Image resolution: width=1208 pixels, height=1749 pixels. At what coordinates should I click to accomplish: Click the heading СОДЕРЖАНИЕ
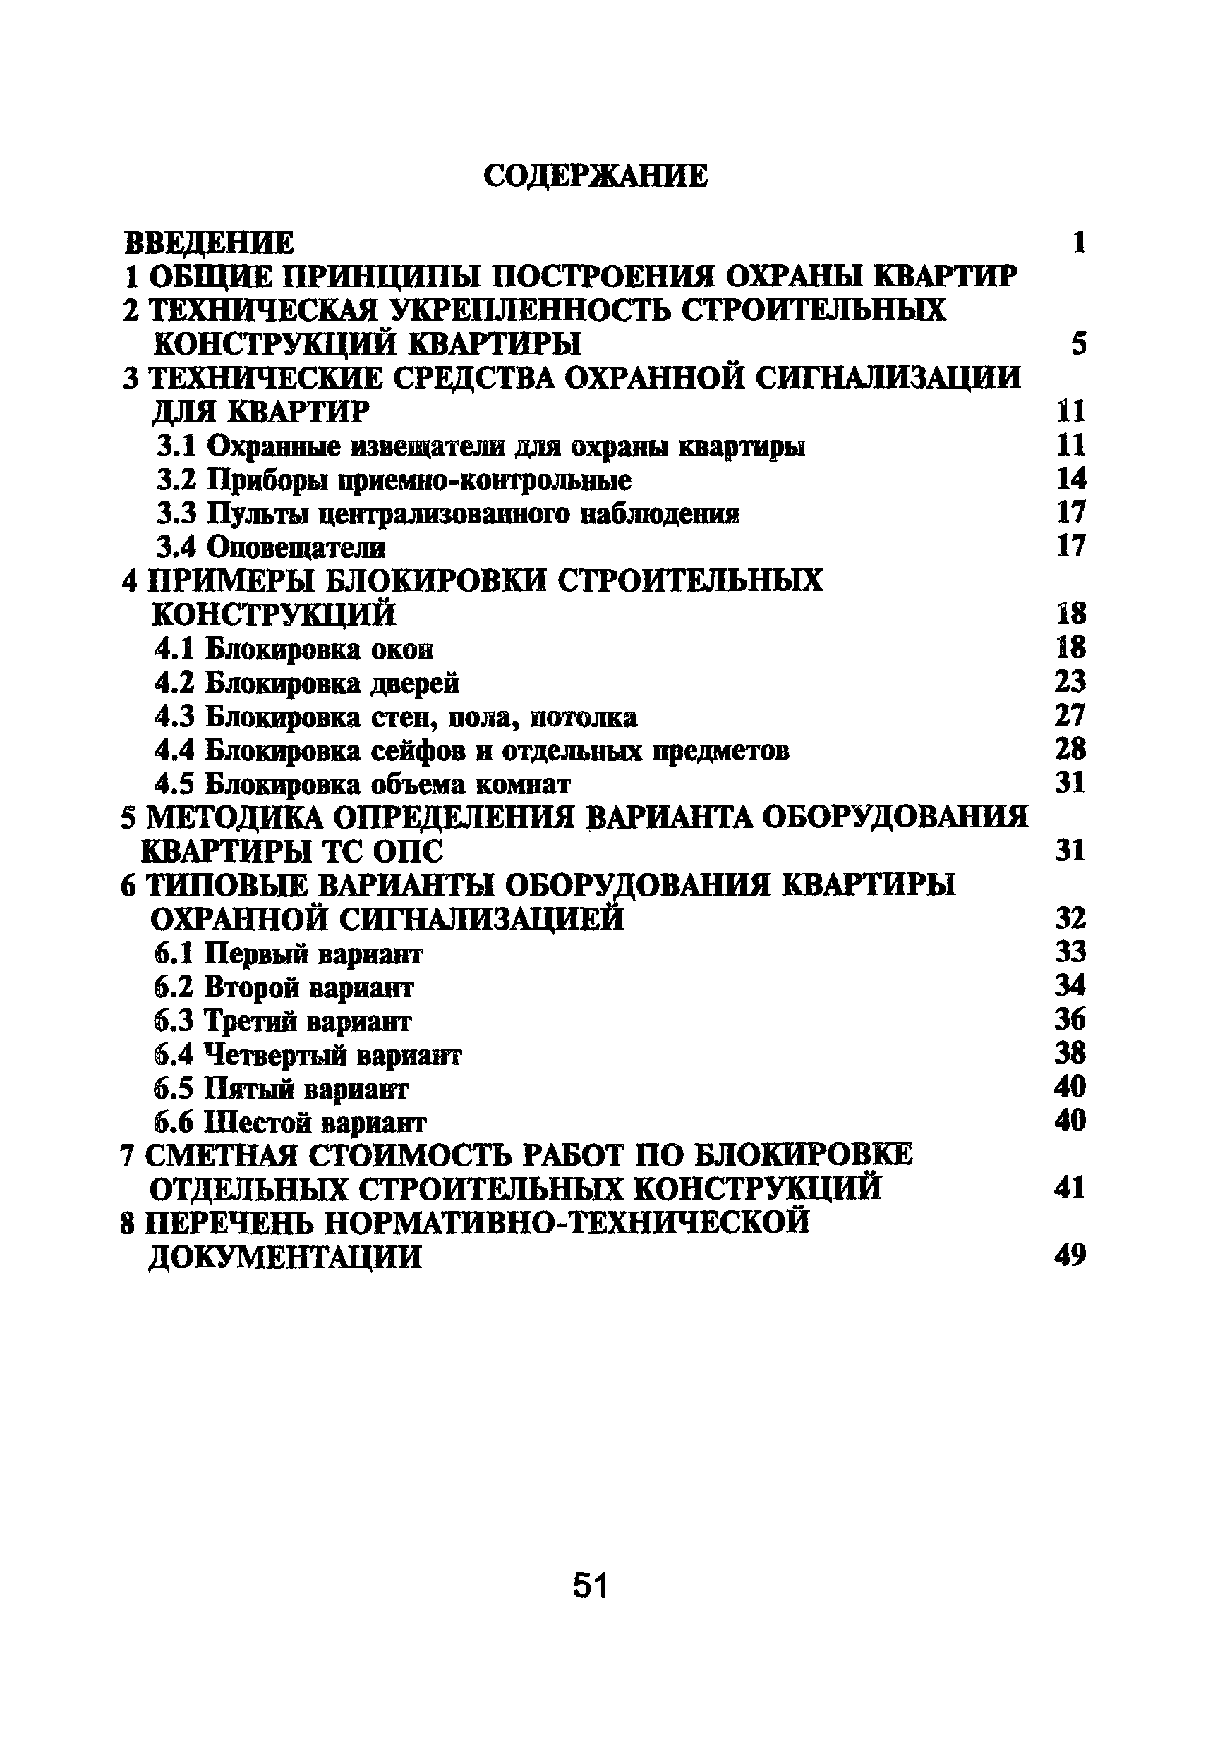(596, 176)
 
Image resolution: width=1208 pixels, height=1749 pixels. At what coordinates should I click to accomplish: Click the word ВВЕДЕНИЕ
(209, 243)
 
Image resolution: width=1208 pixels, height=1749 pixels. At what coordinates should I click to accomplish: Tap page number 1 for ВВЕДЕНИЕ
(1080, 243)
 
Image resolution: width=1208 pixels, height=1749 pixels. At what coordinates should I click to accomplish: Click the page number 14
(1071, 479)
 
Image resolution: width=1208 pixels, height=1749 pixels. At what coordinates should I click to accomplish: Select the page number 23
(1070, 683)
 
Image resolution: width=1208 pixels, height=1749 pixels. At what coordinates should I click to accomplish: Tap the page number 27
(1070, 716)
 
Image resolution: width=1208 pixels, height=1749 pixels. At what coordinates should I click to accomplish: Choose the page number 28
(1070, 749)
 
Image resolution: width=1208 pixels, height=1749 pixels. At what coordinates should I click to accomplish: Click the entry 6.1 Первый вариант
(288, 954)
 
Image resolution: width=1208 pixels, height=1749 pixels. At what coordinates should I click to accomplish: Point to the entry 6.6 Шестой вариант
(289, 1122)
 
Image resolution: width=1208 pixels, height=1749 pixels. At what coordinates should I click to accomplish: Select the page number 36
(1070, 1020)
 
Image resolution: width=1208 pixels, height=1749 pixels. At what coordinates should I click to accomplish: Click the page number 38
(1070, 1053)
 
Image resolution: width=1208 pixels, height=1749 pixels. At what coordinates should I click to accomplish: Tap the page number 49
(1070, 1256)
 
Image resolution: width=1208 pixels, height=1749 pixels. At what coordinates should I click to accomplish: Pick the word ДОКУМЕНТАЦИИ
(285, 1257)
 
